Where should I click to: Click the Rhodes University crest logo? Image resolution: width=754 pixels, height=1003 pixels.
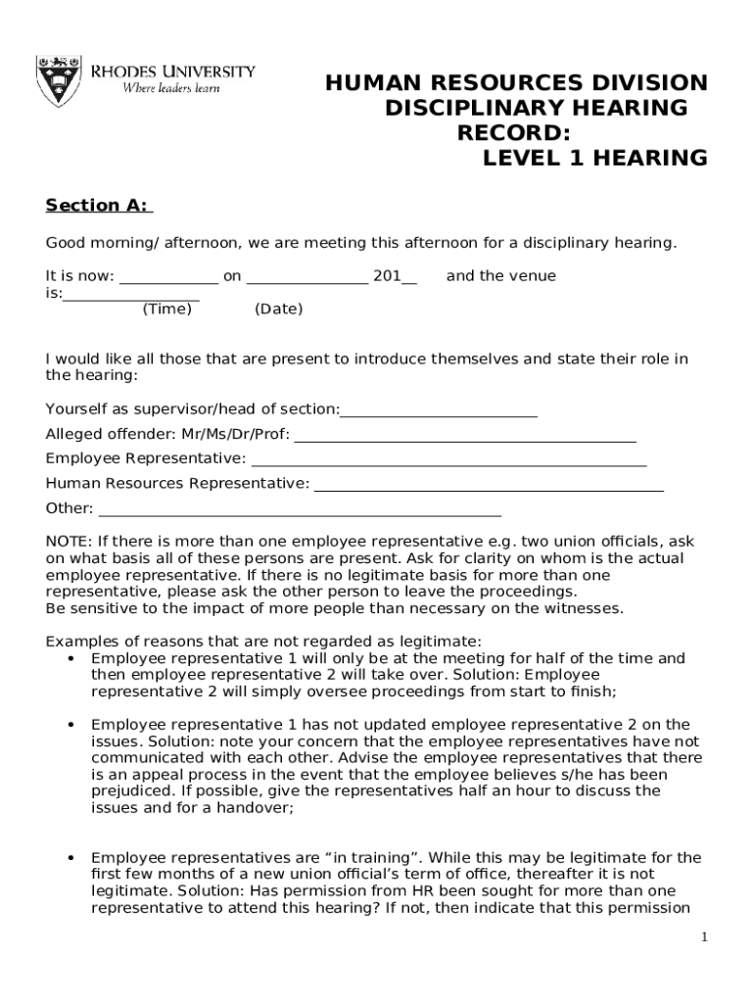[57, 81]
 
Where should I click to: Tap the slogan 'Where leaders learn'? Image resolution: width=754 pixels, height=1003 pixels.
[170, 88]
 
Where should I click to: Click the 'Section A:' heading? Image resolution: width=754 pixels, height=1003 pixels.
[97, 206]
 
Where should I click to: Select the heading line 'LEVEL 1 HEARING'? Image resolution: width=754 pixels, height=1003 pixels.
[594, 158]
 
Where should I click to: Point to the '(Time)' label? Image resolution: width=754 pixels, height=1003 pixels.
[166, 310]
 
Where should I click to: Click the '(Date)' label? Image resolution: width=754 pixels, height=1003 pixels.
[278, 310]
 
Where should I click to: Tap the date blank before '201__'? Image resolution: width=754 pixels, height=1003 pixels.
[307, 277]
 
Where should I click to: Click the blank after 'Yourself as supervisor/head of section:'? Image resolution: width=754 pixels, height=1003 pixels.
[439, 410]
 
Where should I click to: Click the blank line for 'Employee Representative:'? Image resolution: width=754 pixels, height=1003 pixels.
[448, 460]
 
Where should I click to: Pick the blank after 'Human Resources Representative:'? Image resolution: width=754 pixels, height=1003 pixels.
[488, 485]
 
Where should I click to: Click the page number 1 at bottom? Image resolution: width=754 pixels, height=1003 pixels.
[703, 938]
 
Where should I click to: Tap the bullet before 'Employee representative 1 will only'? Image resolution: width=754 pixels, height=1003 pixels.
[71, 659]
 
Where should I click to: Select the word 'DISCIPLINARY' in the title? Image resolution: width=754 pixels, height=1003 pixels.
[468, 107]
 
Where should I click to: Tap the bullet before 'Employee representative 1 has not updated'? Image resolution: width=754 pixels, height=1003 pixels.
[71, 726]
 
